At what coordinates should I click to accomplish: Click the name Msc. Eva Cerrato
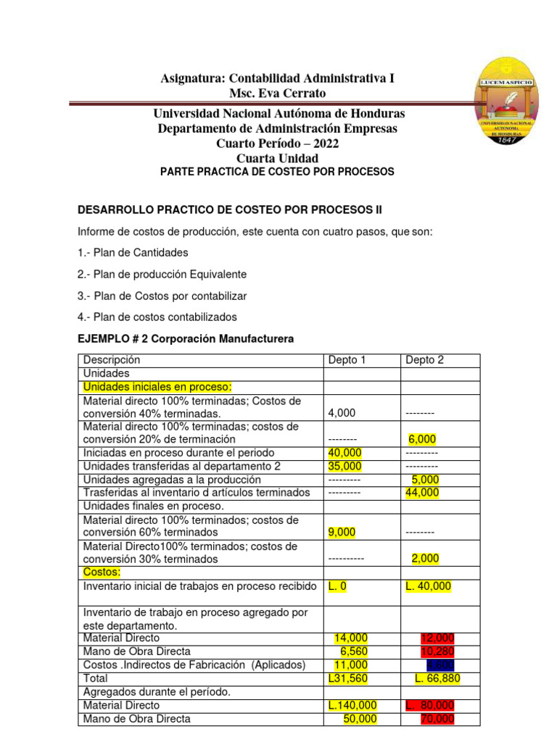[x=278, y=93]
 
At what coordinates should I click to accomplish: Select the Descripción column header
[x=112, y=360]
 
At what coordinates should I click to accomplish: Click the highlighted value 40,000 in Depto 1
[x=345, y=453]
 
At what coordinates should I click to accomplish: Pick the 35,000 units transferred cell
[x=345, y=466]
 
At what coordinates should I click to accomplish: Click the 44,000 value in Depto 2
[x=423, y=493]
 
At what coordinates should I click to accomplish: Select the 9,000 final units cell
[x=342, y=533]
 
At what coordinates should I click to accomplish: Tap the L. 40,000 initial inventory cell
[x=429, y=585]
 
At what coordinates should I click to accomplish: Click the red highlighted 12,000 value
[x=437, y=638]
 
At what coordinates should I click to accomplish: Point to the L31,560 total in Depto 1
[x=347, y=678]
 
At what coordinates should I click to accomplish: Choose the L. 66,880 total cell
[x=437, y=678]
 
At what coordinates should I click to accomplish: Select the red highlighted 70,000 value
[x=437, y=719]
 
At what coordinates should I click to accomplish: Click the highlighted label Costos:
[x=102, y=572]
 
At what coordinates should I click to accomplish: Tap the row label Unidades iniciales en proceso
[x=157, y=387]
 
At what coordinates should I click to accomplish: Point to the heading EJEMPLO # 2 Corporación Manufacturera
[x=186, y=339]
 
